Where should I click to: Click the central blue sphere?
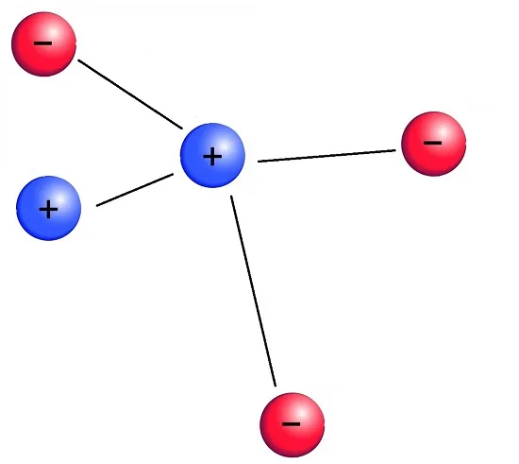(x=212, y=155)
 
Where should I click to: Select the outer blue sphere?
(x=49, y=208)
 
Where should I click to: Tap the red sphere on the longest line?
(x=292, y=425)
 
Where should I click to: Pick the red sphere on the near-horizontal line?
(x=434, y=144)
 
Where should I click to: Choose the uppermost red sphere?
(x=44, y=44)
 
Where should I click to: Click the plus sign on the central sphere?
(x=212, y=157)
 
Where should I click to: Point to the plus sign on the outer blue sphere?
(x=48, y=209)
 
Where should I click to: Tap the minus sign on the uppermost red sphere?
(x=42, y=43)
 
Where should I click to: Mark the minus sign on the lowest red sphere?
(x=291, y=423)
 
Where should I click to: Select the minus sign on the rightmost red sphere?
(x=432, y=143)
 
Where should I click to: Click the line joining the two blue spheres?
(x=135, y=190)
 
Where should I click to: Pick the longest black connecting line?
(x=253, y=291)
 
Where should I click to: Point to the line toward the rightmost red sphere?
(x=326, y=156)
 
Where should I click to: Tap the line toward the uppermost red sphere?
(x=130, y=95)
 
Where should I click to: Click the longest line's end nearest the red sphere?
(x=275, y=387)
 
